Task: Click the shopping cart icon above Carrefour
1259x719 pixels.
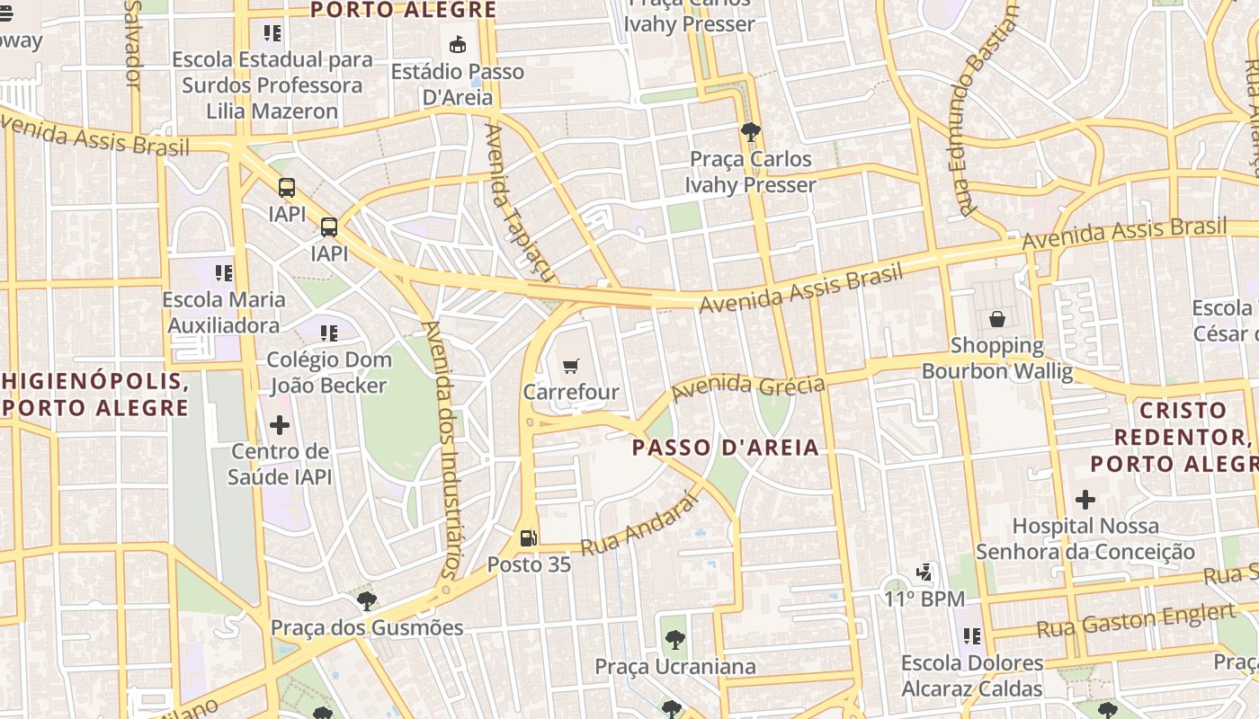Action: coord(571,366)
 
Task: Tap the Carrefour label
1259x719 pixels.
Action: coord(571,393)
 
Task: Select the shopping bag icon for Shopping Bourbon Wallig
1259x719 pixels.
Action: coord(997,319)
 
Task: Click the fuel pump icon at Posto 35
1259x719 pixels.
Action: coord(529,538)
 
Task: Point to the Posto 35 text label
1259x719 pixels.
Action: coord(529,564)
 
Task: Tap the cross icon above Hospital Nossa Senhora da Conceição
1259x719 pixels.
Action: coord(1085,499)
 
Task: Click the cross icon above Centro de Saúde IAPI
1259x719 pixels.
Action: coord(280,424)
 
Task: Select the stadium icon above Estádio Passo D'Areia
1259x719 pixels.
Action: coord(458,44)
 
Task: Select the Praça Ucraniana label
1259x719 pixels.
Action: coord(675,667)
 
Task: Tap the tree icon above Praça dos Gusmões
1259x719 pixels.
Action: coord(366,600)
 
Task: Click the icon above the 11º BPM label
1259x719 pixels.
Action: coord(924,572)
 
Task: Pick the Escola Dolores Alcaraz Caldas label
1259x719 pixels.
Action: coord(972,677)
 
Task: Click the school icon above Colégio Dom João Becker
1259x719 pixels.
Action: coord(329,333)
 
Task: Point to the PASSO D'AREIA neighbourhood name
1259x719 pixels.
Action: coord(726,448)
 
